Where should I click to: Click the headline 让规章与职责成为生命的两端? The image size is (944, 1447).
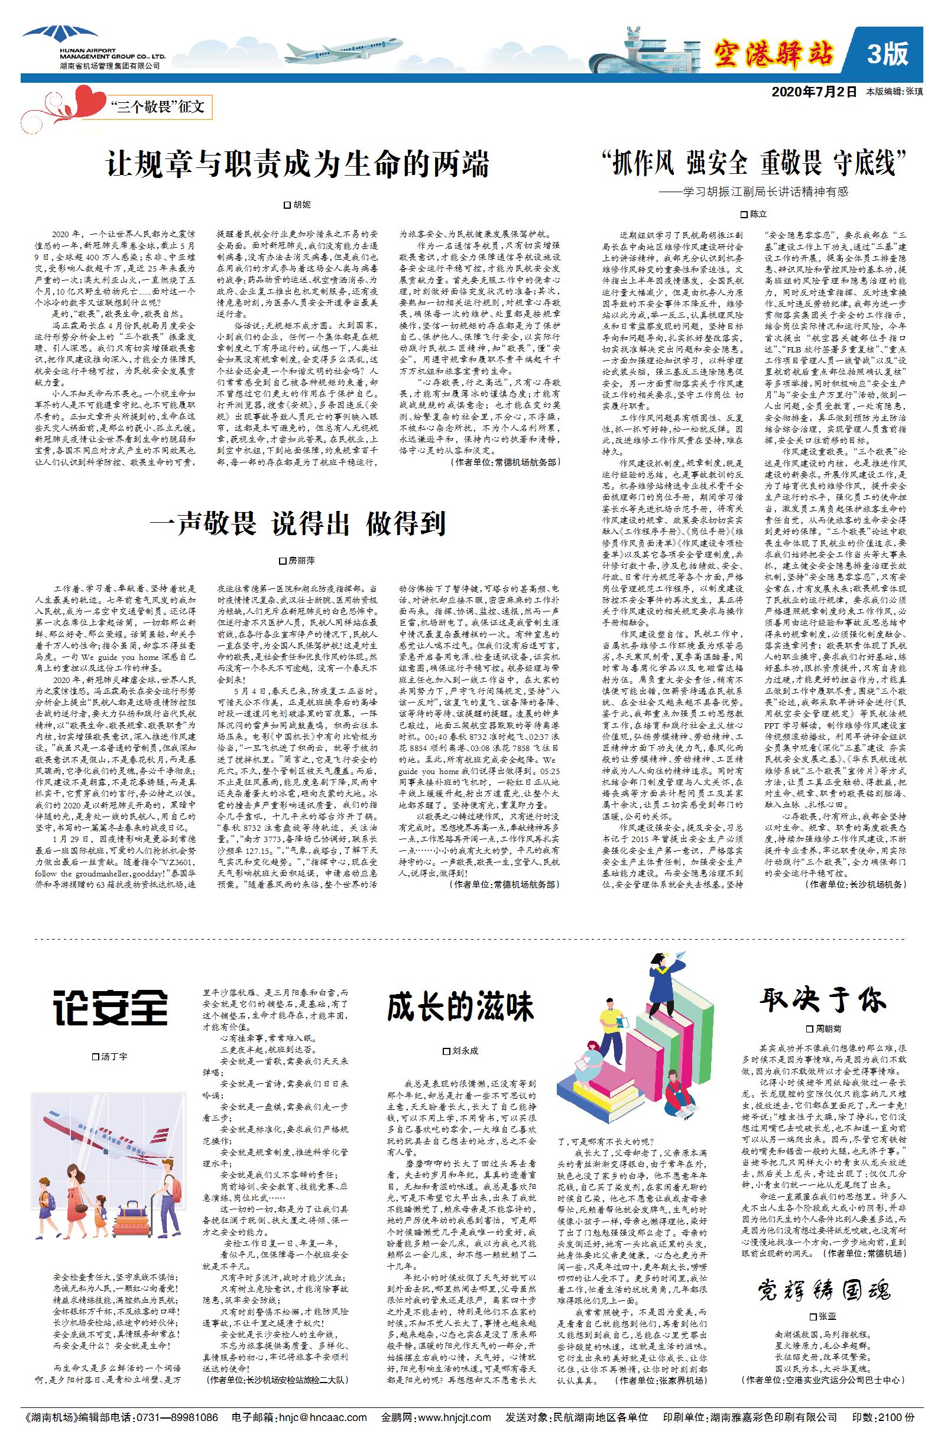coord(297,164)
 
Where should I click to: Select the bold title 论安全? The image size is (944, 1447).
coord(110,1008)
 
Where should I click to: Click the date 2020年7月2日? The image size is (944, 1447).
coord(814,92)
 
